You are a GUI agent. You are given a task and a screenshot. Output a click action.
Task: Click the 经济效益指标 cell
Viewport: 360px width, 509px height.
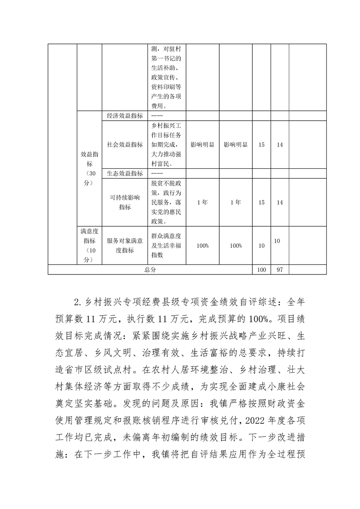click(x=125, y=116)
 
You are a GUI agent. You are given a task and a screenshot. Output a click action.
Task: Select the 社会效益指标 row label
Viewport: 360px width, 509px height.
click(x=125, y=145)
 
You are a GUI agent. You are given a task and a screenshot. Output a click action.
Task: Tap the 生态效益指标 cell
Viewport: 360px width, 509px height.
click(x=125, y=173)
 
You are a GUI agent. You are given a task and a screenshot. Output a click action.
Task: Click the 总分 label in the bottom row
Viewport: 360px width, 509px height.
click(x=150, y=269)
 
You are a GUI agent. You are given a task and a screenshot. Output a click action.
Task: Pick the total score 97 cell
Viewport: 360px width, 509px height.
click(x=280, y=269)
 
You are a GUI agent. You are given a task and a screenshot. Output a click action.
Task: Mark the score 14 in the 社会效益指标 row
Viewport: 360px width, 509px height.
click(x=280, y=145)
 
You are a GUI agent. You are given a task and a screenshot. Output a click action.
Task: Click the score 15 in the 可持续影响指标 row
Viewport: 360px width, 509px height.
click(x=261, y=202)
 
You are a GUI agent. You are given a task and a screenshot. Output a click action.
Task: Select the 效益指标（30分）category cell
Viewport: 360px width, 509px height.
click(x=89, y=168)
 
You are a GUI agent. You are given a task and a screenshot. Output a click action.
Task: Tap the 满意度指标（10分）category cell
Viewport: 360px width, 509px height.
click(x=89, y=245)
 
